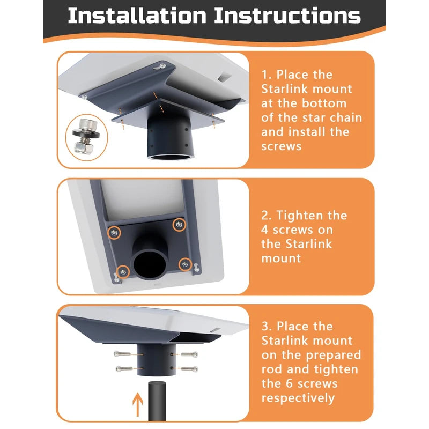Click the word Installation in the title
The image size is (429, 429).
click(137, 16)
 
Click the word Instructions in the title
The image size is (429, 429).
click(287, 16)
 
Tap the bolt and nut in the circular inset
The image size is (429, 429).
click(86, 137)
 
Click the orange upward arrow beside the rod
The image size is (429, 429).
click(138, 404)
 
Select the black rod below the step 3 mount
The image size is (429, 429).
click(157, 401)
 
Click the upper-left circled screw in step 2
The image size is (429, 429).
click(114, 233)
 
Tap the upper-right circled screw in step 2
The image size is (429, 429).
click(179, 225)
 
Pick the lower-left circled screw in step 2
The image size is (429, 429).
click(123, 272)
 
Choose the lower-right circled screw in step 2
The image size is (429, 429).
click(185, 264)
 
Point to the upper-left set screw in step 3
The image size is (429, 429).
click(122, 354)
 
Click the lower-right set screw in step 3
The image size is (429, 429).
click(189, 369)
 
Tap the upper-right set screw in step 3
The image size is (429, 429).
click(189, 354)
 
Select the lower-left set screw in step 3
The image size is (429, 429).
click(124, 369)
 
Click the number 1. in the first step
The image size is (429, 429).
click(267, 75)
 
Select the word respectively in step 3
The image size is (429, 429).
click(298, 398)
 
